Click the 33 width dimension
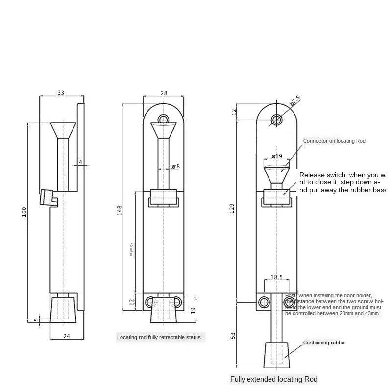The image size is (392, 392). coord(61,92)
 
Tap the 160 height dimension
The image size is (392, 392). coord(24,212)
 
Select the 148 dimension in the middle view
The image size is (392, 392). coord(119,210)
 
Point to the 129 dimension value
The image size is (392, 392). coord(233,208)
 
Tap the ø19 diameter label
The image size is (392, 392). coord(277,157)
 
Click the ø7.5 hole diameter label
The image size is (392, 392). coord(295,101)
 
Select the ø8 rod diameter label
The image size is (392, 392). coord(175,167)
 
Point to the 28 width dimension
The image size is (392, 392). coord(163,93)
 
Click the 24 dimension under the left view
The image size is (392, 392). coord(67,336)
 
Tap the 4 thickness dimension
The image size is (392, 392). coord(80,162)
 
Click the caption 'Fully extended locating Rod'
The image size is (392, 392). coord(274,379)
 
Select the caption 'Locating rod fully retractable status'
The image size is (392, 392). coord(159,337)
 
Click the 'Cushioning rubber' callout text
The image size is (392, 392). coord(324,343)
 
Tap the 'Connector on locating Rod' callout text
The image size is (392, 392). coord(334,141)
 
